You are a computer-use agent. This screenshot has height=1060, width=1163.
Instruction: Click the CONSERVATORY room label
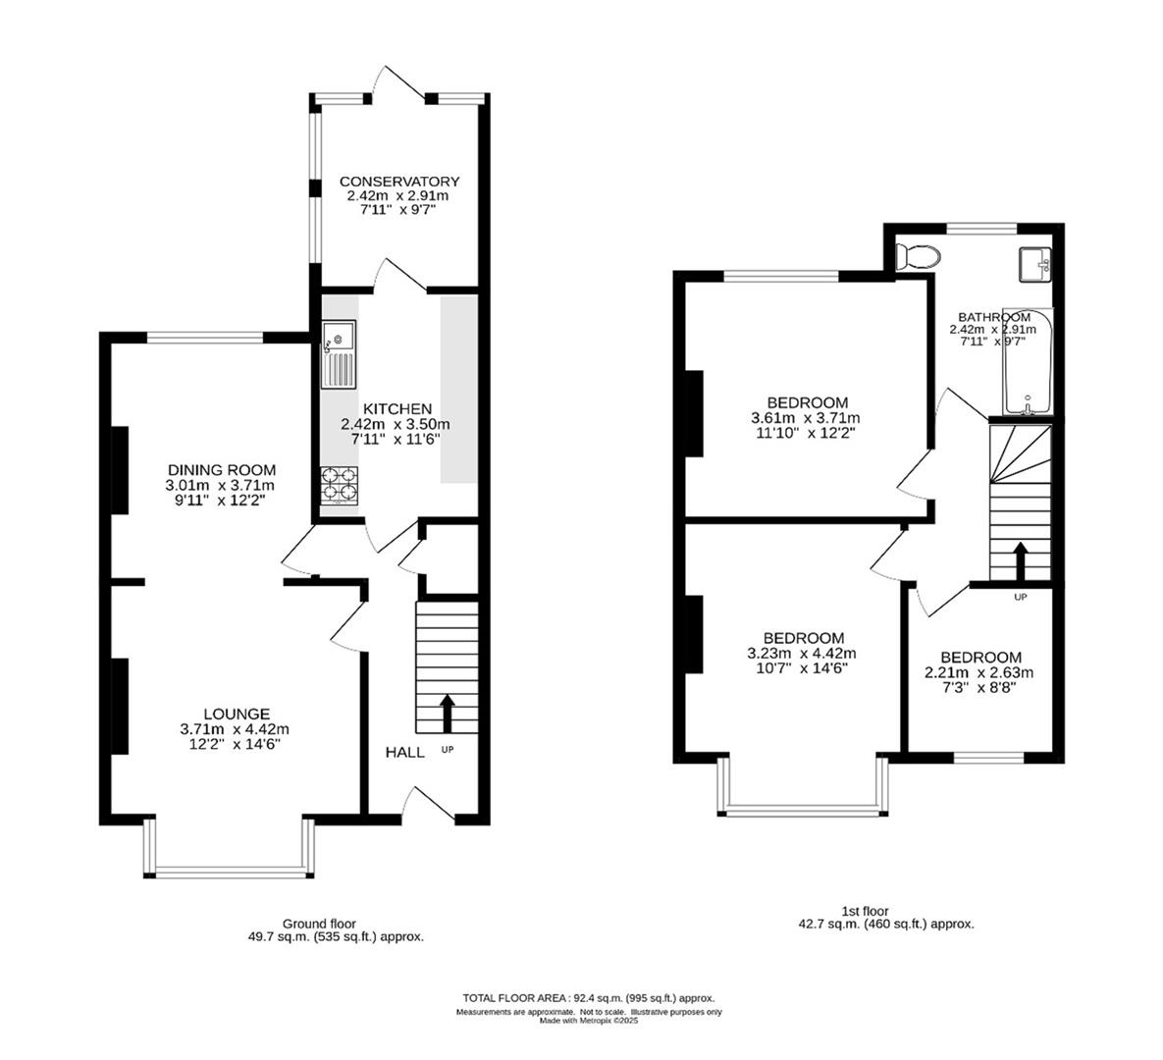coord(398,182)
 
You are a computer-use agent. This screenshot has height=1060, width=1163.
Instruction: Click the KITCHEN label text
coord(396,408)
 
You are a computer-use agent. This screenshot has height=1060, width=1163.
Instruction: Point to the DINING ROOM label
coord(221,470)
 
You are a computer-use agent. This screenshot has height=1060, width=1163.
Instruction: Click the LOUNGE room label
coord(237,714)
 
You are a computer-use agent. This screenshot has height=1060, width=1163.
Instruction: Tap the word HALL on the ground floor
coord(404,752)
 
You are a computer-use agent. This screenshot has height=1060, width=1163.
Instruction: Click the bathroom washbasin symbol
coord(1034,263)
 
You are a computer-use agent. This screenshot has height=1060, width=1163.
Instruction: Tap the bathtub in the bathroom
coord(1028,363)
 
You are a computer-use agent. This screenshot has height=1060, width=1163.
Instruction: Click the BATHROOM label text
coord(993,317)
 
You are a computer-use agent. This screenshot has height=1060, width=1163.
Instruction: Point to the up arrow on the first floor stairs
coord(1021,560)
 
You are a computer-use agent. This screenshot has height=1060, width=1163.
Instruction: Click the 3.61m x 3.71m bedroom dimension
coord(807,418)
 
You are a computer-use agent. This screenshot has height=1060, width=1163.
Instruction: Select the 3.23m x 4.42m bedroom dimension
coord(802,654)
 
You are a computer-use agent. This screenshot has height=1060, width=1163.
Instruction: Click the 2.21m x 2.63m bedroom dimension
coord(979,673)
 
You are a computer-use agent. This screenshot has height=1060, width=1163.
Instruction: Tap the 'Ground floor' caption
coord(319,924)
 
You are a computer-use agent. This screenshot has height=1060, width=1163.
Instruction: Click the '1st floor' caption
coord(865,911)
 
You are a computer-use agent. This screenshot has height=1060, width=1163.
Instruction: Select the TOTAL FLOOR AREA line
coord(589,997)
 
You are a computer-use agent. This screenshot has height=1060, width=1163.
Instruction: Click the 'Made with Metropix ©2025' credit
coord(589,1021)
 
